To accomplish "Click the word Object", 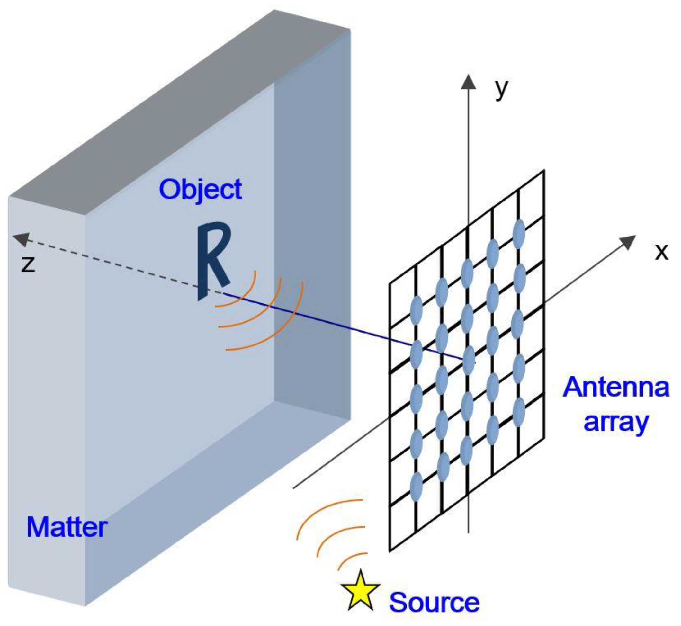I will coord(200,190).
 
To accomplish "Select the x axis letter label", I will coord(661,252).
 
